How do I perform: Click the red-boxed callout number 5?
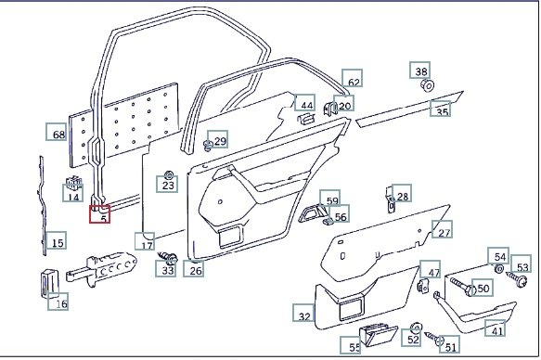[99, 214]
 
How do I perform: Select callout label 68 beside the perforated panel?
[57, 132]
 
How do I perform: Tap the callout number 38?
[419, 71]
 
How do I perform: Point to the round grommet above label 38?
[427, 85]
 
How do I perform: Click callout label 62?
[353, 78]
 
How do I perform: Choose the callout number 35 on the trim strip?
[440, 109]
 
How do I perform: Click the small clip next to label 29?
[208, 146]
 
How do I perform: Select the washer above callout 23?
[169, 174]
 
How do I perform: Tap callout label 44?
[305, 103]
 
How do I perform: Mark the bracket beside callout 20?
[330, 109]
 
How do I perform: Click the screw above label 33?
[168, 257]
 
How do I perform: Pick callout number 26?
[193, 269]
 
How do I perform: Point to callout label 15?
[56, 240]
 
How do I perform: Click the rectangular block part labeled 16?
[50, 283]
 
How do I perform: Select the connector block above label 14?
[73, 182]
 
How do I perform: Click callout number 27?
[443, 229]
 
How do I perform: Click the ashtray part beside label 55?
[379, 334]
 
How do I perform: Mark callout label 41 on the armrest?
[496, 328]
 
